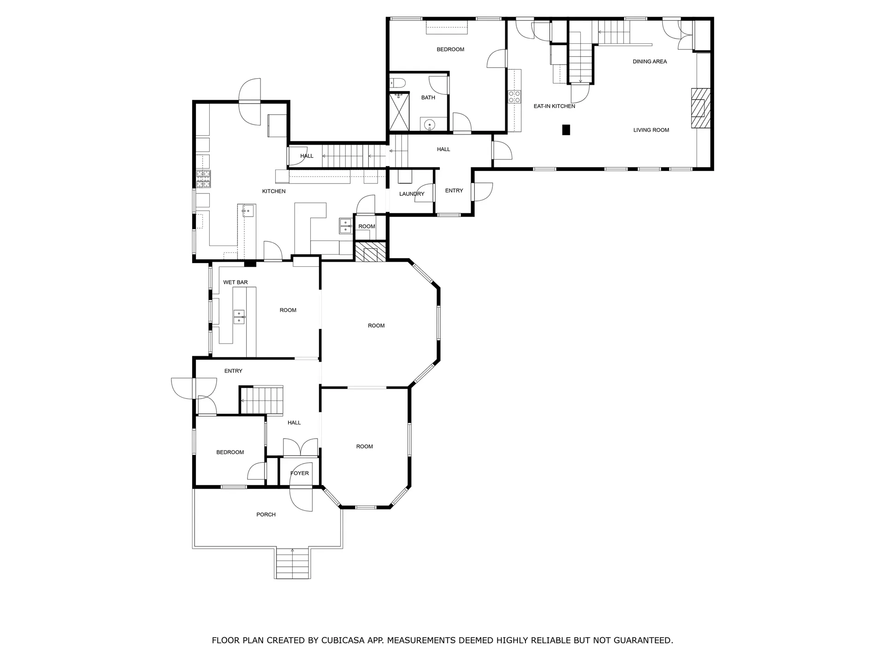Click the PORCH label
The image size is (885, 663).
point(266,515)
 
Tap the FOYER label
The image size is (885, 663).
point(300,473)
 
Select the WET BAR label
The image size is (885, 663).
point(236,282)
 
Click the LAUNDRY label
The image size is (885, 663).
point(412,194)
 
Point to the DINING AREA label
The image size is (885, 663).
point(649,62)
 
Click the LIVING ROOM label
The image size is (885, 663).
point(651,130)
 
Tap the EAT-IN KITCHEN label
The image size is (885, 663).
point(554,106)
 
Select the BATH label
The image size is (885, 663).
point(428,98)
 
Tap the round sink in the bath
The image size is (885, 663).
point(430,124)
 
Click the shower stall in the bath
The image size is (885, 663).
point(399,112)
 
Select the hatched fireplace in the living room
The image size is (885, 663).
point(700,108)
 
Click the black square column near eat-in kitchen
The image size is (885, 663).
point(566,130)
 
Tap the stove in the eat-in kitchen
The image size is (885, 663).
point(514,97)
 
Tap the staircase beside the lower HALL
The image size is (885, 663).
point(262,401)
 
